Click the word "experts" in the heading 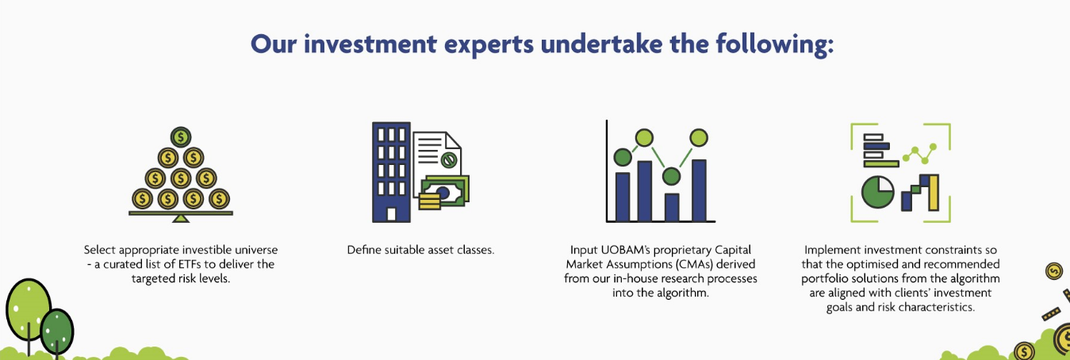pyautogui.click(x=489, y=45)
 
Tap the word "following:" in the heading pyautogui.click(x=775, y=44)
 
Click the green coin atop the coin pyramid pyautogui.click(x=181, y=137)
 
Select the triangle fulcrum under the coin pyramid pyautogui.click(x=181, y=218)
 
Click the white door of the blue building pyautogui.click(x=391, y=214)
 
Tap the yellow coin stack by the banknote pyautogui.click(x=429, y=201)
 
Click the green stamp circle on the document pyautogui.click(x=448, y=160)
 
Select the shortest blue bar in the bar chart pyautogui.click(x=672, y=207)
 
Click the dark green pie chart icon pyautogui.click(x=877, y=192)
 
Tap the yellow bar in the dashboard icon pyautogui.click(x=934, y=193)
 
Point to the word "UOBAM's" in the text pyautogui.click(x=623, y=250)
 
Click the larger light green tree pyautogui.click(x=28, y=310)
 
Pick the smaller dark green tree pyautogui.click(x=57, y=331)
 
